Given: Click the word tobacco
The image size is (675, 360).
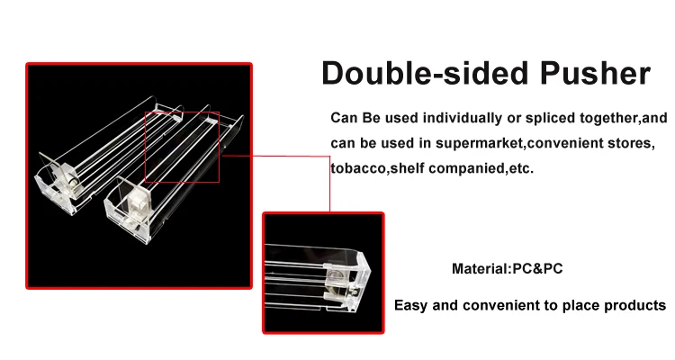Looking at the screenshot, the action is click(356, 168).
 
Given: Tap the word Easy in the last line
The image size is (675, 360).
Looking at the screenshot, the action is click(411, 305).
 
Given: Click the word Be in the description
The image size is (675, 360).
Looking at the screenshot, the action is click(369, 119).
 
